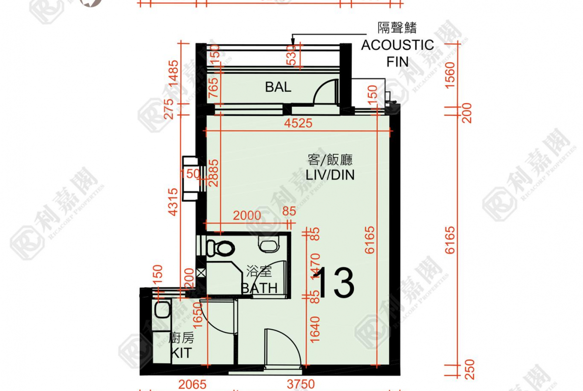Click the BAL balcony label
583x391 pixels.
pyautogui.click(x=278, y=88)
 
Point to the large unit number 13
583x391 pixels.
pyautogui.click(x=335, y=283)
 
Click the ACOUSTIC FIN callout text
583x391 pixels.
pyautogui.click(x=397, y=45)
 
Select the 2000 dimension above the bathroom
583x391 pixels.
pyautogui.click(x=247, y=216)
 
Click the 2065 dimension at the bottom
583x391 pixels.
pyautogui.click(x=192, y=385)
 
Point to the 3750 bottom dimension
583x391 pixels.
pyautogui.click(x=301, y=385)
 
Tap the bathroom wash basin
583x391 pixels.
pyautogui.click(x=270, y=244)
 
